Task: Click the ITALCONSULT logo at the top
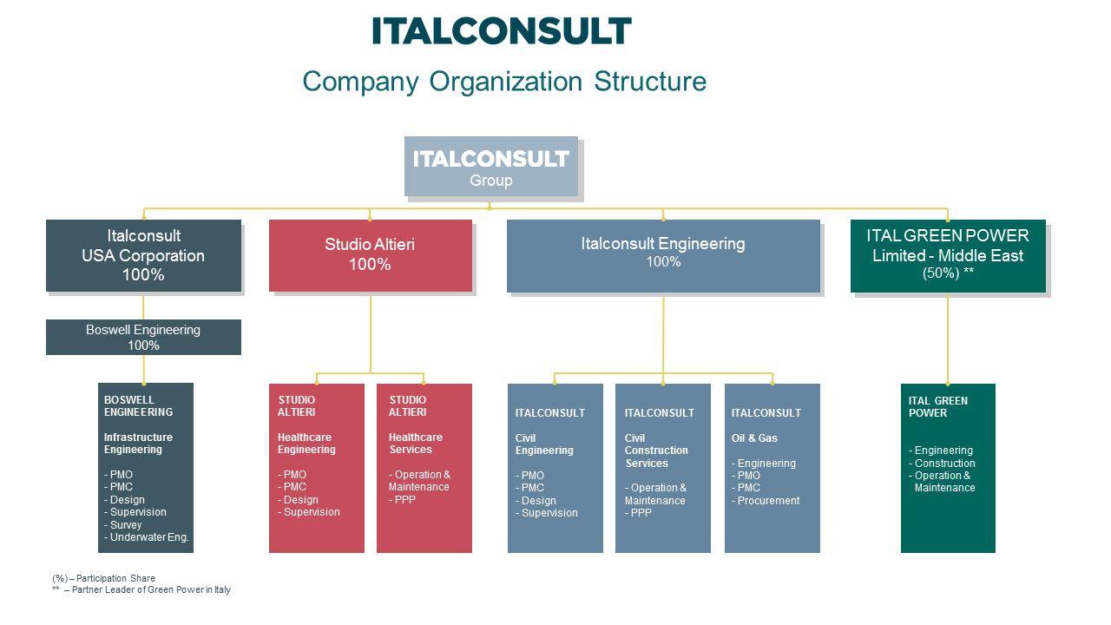click(502, 30)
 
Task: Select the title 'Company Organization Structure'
click(504, 82)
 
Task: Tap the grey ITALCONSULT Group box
click(490, 166)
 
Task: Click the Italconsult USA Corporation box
click(143, 255)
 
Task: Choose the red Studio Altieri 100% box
click(370, 255)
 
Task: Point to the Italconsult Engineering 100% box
click(663, 255)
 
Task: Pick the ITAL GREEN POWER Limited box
click(948, 255)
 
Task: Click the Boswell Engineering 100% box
click(143, 338)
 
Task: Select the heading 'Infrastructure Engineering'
click(138, 444)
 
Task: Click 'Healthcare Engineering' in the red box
click(306, 444)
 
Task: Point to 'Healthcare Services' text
click(415, 444)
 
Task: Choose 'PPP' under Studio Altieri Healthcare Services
click(404, 500)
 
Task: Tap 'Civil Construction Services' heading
click(656, 451)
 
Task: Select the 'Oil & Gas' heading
click(754, 438)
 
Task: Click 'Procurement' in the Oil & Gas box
click(768, 501)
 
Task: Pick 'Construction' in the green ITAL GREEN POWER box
click(944, 464)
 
